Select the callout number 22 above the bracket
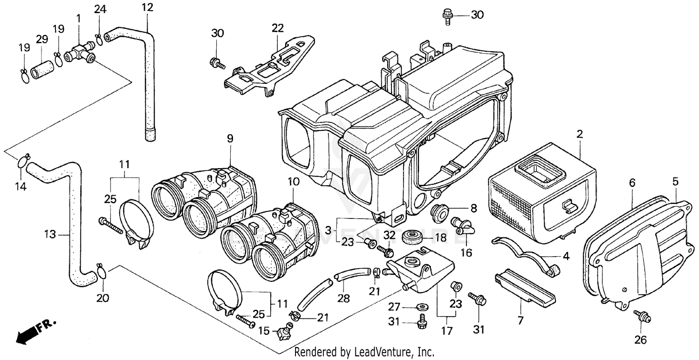(x=278, y=28)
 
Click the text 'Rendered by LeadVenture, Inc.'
(x=364, y=352)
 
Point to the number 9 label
(x=230, y=138)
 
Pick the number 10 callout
(x=293, y=181)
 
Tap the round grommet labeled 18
(x=411, y=235)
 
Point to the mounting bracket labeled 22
(x=266, y=70)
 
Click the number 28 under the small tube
(x=343, y=299)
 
